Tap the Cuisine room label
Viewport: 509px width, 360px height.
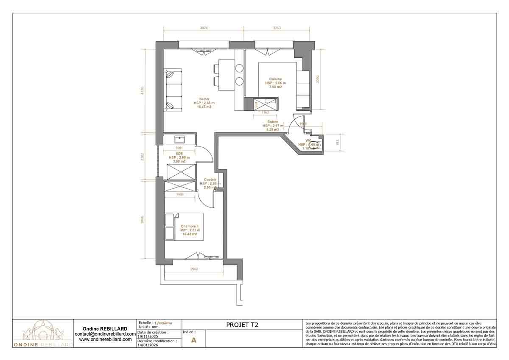pos(275,79)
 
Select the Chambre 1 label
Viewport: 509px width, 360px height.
pos(190,226)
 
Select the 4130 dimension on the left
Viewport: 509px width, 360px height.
pos(143,90)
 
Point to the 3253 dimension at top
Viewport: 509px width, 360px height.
pos(277,28)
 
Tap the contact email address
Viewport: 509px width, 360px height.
pos(105,334)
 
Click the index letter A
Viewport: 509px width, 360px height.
pos(194,340)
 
